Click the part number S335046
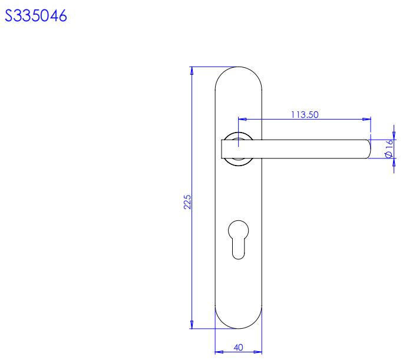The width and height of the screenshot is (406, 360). tap(36, 15)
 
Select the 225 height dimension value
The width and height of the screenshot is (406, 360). tap(187, 202)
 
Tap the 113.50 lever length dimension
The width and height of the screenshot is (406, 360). tap(305, 114)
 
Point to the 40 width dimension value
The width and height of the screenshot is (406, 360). tap(239, 347)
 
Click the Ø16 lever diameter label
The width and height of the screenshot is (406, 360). tap(389, 148)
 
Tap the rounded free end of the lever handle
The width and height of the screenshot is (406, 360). tap(369, 149)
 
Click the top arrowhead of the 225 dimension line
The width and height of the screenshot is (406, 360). tap(192, 71)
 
